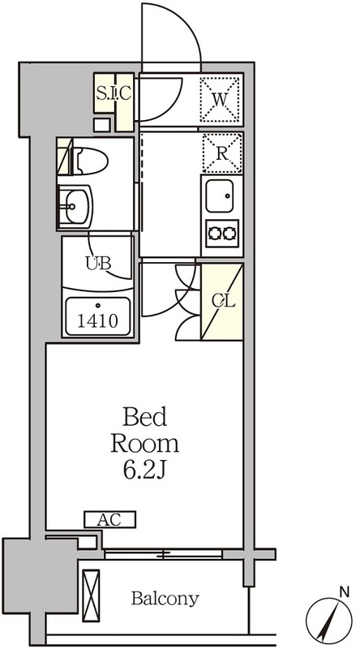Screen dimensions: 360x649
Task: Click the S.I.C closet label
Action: pos(114,93)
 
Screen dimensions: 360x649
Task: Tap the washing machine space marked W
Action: pos(221,98)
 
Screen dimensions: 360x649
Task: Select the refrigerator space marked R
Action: pos(222,153)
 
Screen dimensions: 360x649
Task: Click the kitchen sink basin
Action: pos(219,196)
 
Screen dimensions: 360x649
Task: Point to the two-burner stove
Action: pos(222,234)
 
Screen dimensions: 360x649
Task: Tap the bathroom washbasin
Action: pos(75,206)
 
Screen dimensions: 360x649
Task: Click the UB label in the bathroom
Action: pos(98,263)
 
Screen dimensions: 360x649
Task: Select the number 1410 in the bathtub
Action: pos(97,320)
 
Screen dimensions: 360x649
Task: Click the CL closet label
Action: pos(224,301)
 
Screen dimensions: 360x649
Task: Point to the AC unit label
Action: pos(109,519)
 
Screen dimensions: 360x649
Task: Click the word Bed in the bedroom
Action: pos(145,417)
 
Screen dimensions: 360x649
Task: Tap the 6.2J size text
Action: pos(144,471)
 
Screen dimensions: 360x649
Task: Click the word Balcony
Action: pos(165,599)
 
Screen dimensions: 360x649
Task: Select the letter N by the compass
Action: pos(344,592)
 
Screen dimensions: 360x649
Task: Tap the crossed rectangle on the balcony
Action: pos(91,595)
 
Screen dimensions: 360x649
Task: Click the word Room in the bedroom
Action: pos(145,444)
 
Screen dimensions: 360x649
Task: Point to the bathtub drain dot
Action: pos(98,306)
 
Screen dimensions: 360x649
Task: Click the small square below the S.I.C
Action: pos(102,125)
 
